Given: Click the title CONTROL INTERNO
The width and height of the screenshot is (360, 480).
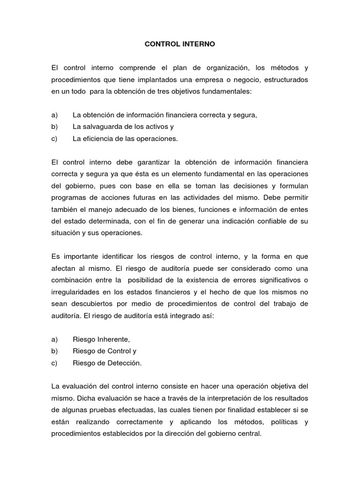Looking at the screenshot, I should [180, 45].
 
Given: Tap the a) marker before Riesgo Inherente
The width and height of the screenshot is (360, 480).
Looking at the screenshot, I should [54, 339].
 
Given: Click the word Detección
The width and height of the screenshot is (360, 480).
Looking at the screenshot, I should [124, 362].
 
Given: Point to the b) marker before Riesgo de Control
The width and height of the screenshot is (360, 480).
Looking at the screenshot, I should [54, 351].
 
